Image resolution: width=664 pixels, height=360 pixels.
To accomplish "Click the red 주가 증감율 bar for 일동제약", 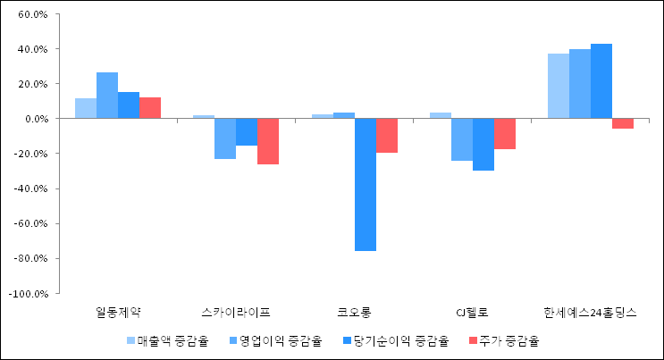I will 150,108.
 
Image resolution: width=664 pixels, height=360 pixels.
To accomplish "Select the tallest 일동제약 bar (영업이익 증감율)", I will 107,96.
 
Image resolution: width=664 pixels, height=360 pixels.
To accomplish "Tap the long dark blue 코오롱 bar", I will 365,184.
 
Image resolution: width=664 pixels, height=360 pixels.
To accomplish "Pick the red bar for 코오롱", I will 386,136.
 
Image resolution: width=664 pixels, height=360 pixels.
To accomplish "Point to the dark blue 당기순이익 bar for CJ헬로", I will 483,144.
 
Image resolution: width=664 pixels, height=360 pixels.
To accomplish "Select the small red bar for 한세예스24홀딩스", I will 623,123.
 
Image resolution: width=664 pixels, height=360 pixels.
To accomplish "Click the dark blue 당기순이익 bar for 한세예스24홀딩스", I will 601,81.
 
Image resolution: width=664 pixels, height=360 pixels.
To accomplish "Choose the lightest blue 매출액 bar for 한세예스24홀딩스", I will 559,86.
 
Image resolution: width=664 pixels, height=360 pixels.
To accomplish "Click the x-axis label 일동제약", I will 118,313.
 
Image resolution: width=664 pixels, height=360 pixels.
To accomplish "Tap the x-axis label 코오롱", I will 354,313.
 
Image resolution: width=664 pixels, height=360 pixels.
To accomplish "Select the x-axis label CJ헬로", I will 472,313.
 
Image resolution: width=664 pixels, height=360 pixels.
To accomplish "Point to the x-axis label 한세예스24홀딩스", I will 590,313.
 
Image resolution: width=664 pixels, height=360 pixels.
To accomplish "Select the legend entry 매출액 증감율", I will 173,340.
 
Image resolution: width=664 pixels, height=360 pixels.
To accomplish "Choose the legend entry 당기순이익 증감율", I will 399,340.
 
